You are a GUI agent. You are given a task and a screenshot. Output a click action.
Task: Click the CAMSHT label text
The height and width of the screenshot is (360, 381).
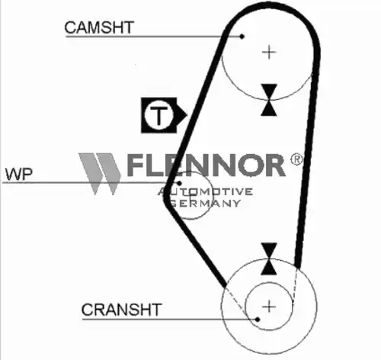[x=99, y=27]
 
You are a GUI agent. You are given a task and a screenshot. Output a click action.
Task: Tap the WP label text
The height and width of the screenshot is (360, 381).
[x=19, y=174]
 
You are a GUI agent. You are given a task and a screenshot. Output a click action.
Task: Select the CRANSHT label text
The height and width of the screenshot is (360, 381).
[x=121, y=310]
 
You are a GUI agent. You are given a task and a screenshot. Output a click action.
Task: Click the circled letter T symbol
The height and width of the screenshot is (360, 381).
[x=158, y=115]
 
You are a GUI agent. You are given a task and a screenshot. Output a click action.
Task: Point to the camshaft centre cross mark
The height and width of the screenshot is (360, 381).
[x=269, y=53]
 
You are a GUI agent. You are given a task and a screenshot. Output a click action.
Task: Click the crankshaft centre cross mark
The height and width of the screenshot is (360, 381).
[x=269, y=306]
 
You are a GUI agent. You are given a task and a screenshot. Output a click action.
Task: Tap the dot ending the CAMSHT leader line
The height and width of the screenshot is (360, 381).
[x=242, y=37]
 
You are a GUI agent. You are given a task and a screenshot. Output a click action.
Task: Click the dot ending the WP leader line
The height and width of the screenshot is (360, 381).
[x=179, y=183]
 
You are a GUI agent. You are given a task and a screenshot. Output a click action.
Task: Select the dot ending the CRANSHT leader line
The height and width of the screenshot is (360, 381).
[x=258, y=320]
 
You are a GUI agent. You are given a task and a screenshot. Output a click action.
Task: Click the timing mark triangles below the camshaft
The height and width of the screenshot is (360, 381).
[x=269, y=100]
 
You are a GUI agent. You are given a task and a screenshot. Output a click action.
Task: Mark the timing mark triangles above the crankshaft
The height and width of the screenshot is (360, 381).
[x=269, y=259]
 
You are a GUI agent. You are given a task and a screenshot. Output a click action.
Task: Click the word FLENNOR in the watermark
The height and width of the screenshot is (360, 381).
[x=207, y=165]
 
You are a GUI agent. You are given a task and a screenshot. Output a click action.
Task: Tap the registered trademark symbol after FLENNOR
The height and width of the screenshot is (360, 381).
[x=296, y=159]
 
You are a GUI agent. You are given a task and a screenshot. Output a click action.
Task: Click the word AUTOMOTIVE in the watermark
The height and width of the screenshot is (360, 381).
[x=205, y=191]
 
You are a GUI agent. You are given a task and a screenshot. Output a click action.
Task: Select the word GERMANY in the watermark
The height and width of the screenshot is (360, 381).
[x=205, y=203]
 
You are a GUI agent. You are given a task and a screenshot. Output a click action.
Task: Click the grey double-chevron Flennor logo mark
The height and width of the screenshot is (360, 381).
[x=100, y=174]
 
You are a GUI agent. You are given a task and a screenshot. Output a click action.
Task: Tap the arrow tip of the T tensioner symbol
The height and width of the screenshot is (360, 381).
[x=187, y=115]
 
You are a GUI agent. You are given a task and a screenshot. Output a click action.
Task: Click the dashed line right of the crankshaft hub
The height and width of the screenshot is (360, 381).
[x=295, y=284]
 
